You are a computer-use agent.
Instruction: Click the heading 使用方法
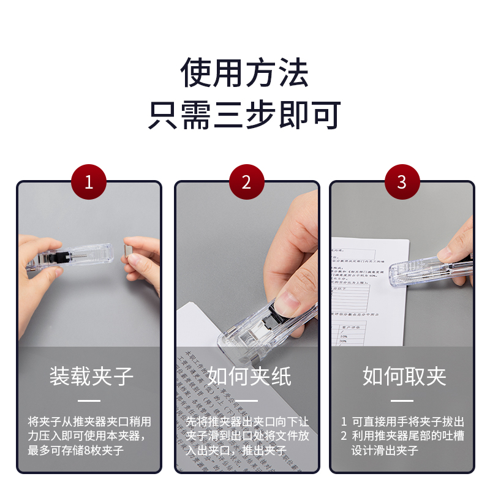pyautogui.click(x=244, y=72)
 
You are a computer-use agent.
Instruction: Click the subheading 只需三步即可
pyautogui.click(x=244, y=115)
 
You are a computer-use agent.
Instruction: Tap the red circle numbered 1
pyautogui.click(x=89, y=182)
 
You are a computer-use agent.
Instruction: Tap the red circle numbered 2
pyautogui.click(x=246, y=182)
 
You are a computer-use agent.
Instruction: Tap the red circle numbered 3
pyautogui.click(x=402, y=182)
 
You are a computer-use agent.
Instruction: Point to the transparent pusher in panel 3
pyautogui.click(x=429, y=273)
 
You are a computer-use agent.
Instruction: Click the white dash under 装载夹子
pyautogui.click(x=89, y=401)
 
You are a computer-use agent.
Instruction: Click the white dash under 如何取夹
pyautogui.click(x=402, y=401)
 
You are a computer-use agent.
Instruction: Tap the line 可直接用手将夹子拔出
pyautogui.click(x=407, y=421)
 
